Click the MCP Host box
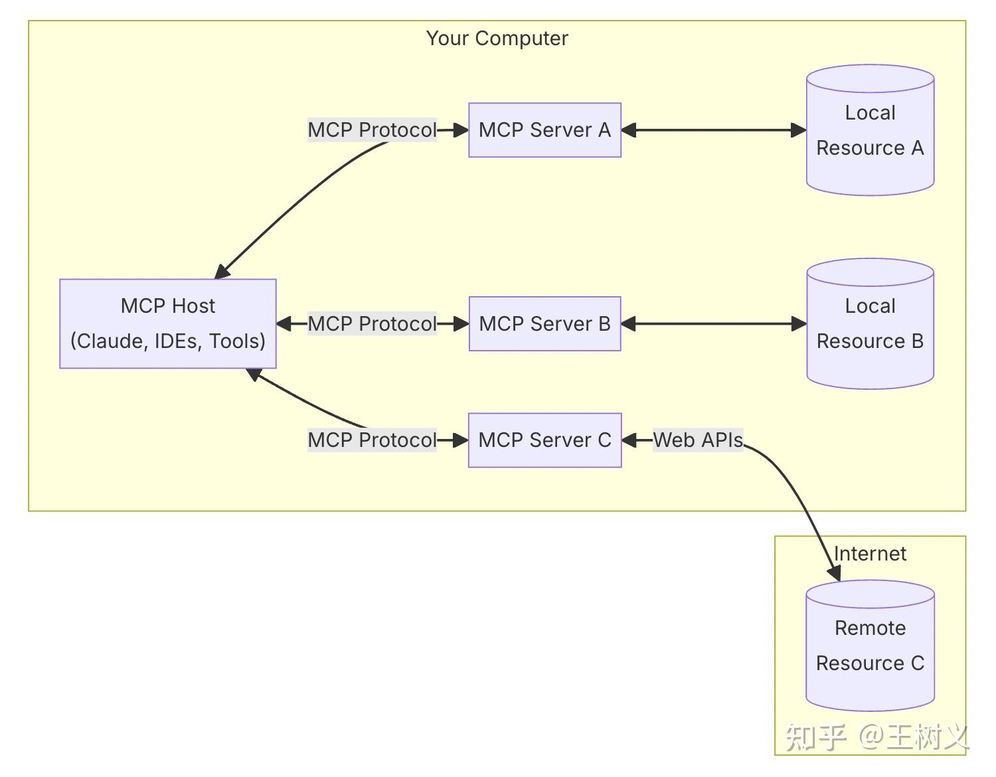(167, 323)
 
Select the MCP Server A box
(544, 130)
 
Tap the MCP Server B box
(544, 324)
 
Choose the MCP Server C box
(544, 440)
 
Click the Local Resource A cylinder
(870, 131)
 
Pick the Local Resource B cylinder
(870, 324)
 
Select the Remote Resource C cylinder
(870, 646)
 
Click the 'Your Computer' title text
(497, 39)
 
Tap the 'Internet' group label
(870, 554)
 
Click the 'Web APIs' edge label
(697, 440)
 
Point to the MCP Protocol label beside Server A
(372, 130)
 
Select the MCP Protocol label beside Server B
(372, 324)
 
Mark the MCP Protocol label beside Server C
(372, 440)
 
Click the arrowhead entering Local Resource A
(799, 130)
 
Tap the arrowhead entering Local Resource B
(799, 324)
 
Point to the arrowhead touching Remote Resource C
(835, 572)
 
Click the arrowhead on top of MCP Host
(222, 272)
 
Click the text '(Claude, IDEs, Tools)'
(167, 341)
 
